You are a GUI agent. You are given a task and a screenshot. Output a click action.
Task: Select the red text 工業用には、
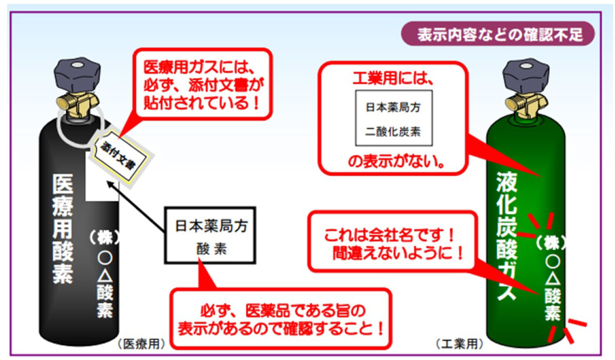click(393, 79)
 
